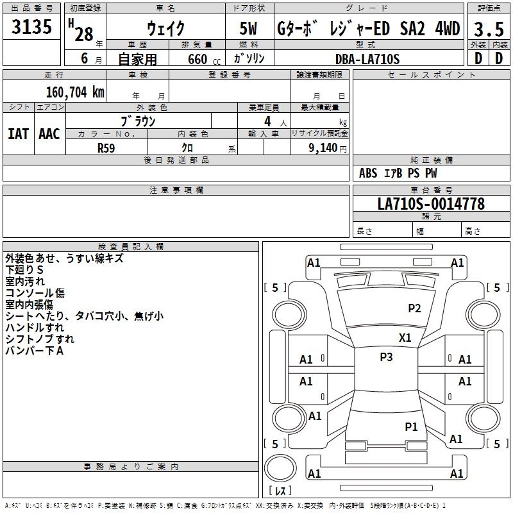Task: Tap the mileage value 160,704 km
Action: (74, 92)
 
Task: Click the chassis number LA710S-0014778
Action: (430, 204)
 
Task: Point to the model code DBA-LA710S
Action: (367, 59)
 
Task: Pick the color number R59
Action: (106, 147)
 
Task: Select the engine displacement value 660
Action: (198, 60)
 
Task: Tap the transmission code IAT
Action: (18, 134)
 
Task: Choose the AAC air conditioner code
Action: (49, 134)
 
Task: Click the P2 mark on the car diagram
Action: (414, 308)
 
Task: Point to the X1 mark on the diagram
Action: (405, 337)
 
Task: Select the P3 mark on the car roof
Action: (386, 357)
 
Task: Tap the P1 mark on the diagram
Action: (411, 426)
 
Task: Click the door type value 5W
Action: (249, 29)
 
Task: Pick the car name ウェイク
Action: (165, 29)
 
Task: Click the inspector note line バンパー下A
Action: (34, 351)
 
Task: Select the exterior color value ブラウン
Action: (138, 121)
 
